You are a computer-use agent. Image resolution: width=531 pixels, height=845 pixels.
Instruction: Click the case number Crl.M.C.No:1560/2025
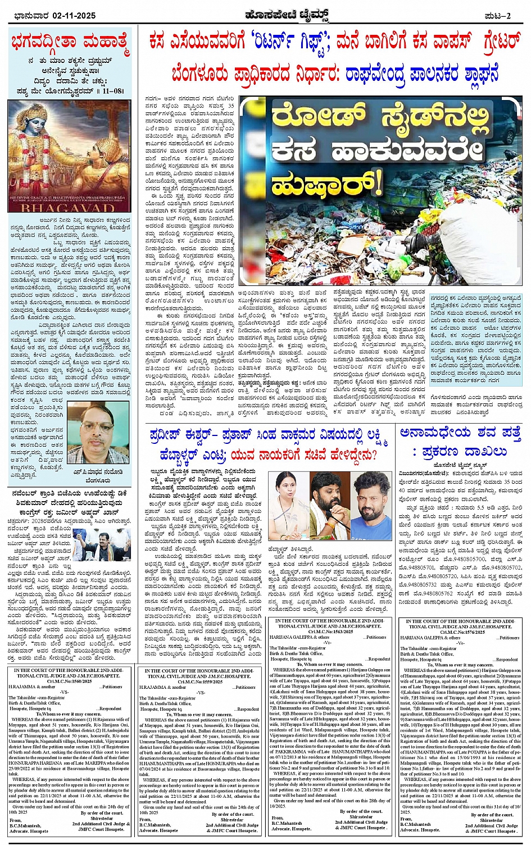[70, 680]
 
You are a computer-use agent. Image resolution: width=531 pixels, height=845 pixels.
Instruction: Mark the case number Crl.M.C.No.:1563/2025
[330, 632]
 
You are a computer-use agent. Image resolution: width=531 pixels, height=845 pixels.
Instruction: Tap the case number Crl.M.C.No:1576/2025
[461, 632]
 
